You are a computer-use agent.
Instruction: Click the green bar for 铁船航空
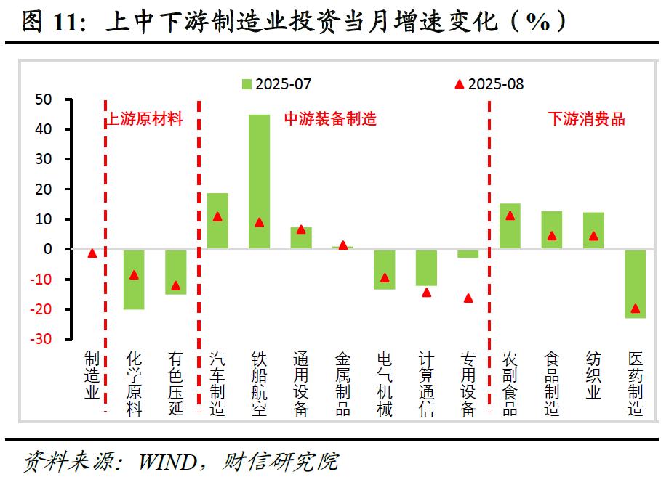tap(259, 182)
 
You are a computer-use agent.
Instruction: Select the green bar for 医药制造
tap(636, 283)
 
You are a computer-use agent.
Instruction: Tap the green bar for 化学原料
tap(134, 280)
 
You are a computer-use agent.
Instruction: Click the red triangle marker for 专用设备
tap(468, 298)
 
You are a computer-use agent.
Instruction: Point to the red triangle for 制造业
tap(92, 253)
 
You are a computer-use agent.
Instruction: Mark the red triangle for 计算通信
tap(427, 293)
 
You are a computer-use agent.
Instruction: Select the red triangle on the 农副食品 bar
tap(510, 216)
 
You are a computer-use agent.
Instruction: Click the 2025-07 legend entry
tap(276, 84)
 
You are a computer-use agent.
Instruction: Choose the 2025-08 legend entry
tap(489, 84)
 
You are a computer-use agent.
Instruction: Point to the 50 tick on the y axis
tap(43, 99)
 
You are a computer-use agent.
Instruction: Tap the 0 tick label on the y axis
tap(47, 249)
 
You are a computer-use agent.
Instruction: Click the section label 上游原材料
tap(145, 119)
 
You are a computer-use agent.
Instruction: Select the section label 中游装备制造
tap(330, 119)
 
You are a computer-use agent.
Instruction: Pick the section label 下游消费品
tap(586, 119)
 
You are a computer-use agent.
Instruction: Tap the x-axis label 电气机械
tap(385, 383)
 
